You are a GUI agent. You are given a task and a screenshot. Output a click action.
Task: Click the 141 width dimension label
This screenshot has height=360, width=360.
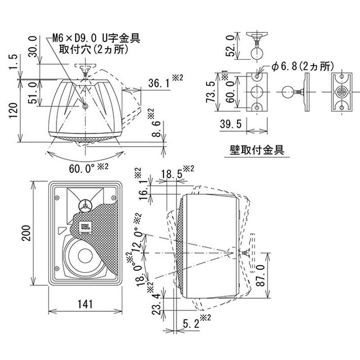pos(84,304)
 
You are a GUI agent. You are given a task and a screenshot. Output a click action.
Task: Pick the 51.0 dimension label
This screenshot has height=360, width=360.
pos(32,92)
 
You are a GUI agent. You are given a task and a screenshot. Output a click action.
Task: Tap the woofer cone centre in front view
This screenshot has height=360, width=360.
pos(84,256)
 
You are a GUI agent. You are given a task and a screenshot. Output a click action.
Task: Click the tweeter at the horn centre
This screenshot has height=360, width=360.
pos(84,206)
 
